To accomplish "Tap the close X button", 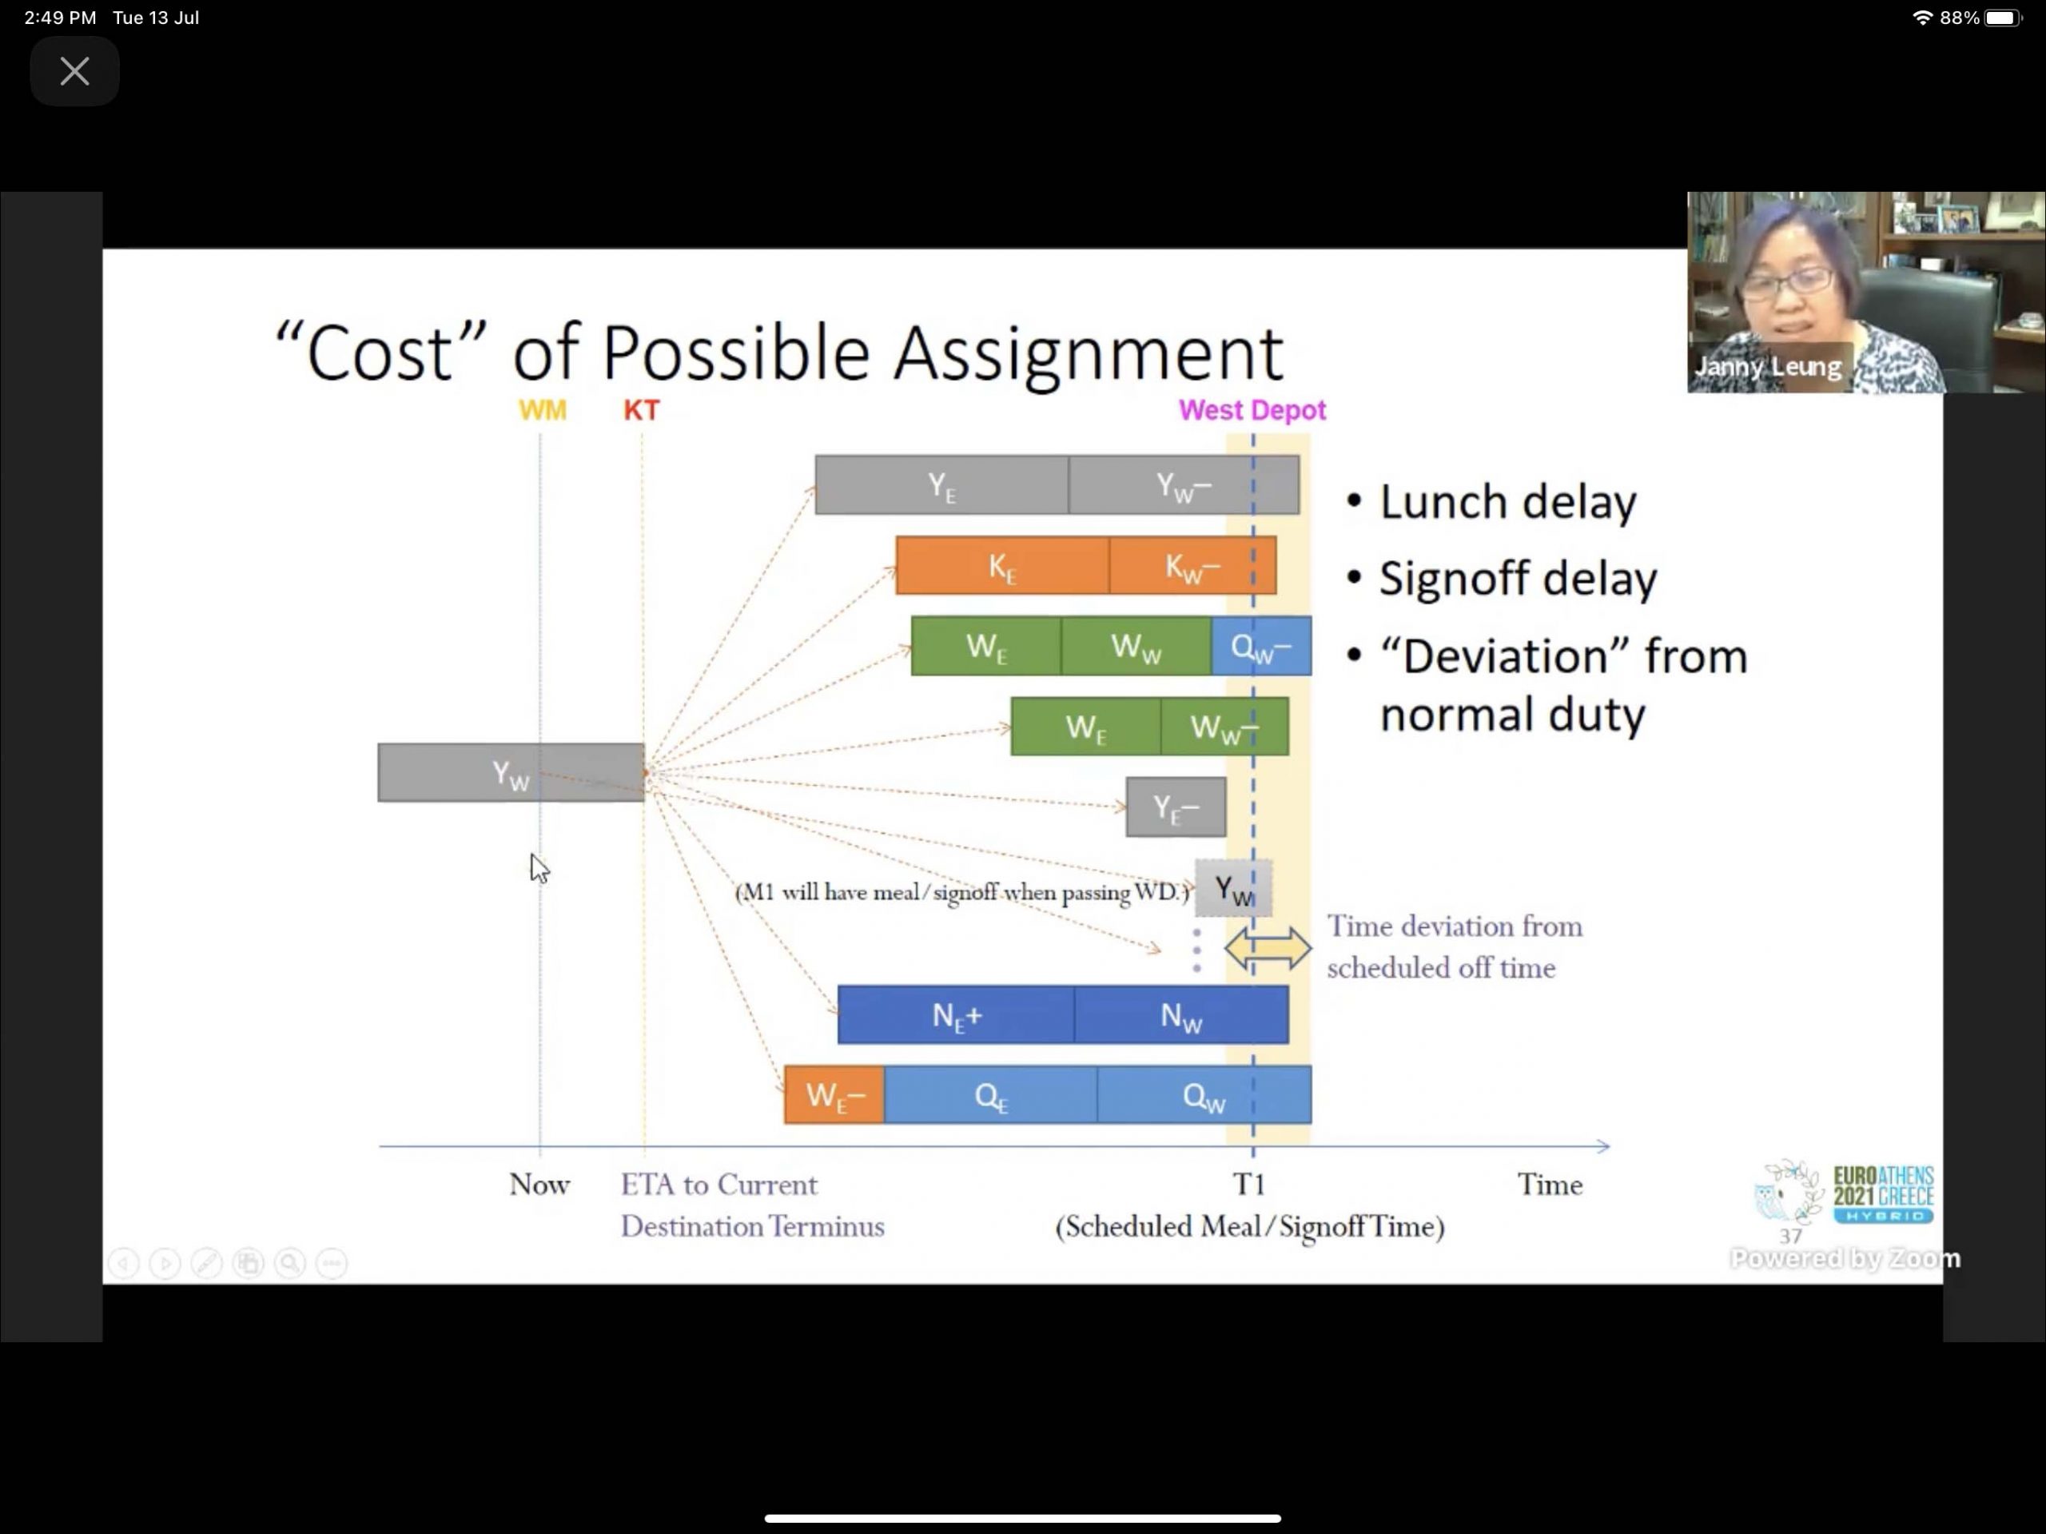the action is click(74, 71).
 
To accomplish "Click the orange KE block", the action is click(1003, 565).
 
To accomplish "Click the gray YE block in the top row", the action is click(941, 484).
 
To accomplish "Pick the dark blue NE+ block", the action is click(957, 1015).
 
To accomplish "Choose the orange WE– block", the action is click(834, 1094).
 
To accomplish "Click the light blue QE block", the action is click(990, 1094).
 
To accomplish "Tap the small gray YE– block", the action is click(1176, 807).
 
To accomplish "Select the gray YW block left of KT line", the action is click(511, 772).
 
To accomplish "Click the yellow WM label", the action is click(542, 410).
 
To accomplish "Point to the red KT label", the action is click(642, 410).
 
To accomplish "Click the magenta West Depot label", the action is click(1252, 410).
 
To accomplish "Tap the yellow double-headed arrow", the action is click(1268, 948).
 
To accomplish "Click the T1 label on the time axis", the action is click(1248, 1184).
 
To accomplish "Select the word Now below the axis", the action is click(539, 1184).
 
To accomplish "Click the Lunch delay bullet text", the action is click(1507, 502).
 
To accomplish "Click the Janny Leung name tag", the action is click(1768, 366).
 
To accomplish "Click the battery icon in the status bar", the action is click(2004, 18).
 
